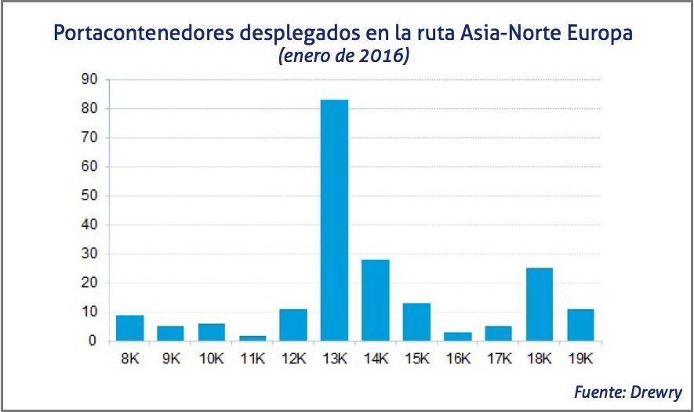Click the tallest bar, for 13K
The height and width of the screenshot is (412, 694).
pos(334,221)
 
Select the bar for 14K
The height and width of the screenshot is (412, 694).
pos(375,301)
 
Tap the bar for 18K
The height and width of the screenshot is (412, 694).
pos(539,304)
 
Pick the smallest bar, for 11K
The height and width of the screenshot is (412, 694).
pos(253,338)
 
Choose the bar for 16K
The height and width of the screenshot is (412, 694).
pos(457,337)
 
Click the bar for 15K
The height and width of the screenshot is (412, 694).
pos(416,323)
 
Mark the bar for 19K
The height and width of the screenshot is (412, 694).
pos(580,325)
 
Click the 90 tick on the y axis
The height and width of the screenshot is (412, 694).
pos(88,79)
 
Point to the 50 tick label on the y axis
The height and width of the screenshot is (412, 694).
pos(88,195)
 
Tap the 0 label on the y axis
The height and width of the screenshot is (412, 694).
pos(92,341)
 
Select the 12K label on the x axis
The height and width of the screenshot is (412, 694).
pos(293,359)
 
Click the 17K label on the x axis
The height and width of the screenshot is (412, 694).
pos(498,359)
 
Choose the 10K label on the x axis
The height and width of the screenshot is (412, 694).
pos(211,359)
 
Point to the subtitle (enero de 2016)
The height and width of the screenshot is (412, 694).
pos(343,57)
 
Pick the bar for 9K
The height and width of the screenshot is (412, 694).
pos(170,334)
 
